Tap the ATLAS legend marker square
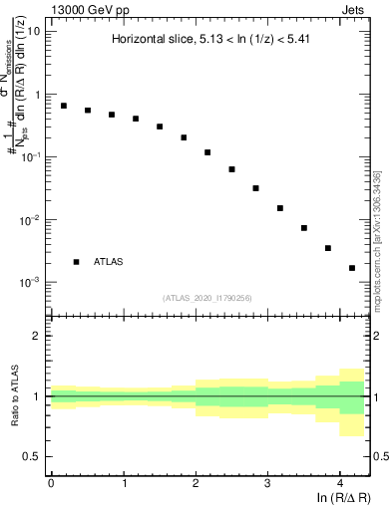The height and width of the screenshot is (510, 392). (76, 262)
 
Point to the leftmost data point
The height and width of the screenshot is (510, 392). (64, 106)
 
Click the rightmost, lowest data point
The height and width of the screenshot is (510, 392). (352, 268)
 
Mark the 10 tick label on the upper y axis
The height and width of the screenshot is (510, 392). (34, 31)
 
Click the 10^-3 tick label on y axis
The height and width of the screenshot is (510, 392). (30, 283)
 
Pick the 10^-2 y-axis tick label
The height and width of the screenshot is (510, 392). (30, 220)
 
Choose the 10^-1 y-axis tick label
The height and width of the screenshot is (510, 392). (30, 157)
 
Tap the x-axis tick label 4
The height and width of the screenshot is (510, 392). (340, 482)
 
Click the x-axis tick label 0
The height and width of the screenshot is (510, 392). (51, 482)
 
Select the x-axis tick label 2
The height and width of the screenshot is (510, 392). (196, 482)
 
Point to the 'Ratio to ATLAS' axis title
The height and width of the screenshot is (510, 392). (13, 395)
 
